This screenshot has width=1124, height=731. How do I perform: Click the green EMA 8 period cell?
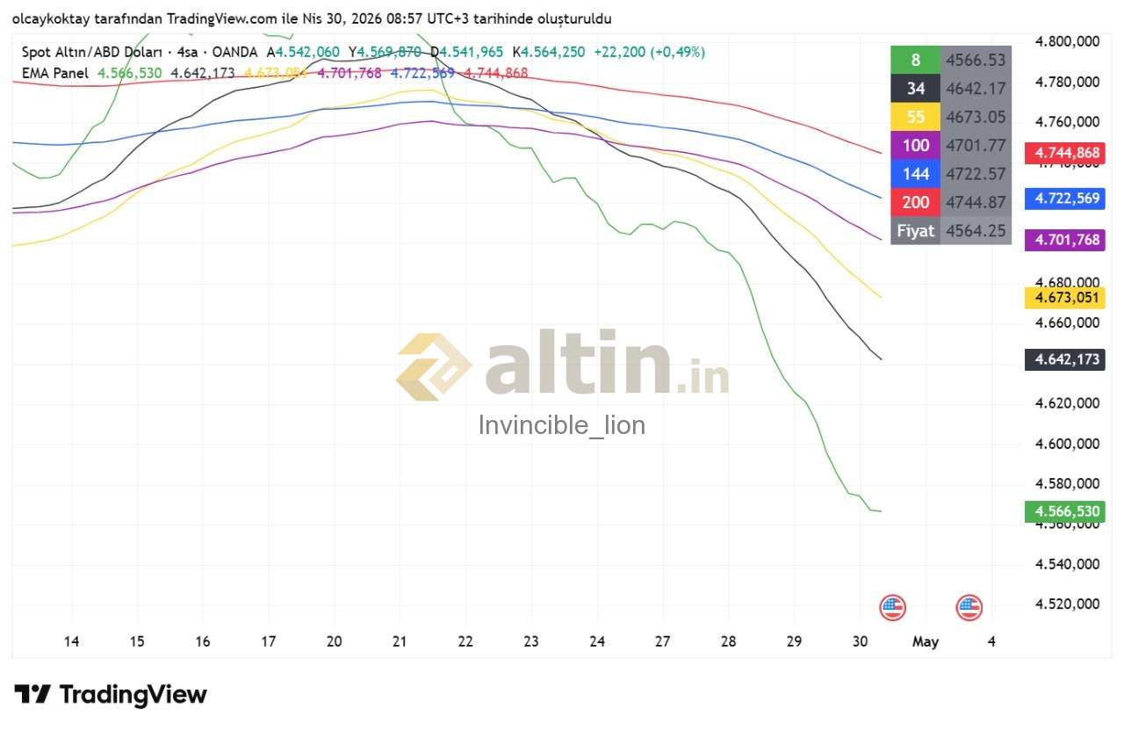pos(915,60)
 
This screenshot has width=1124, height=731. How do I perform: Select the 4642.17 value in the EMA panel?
pos(976,88)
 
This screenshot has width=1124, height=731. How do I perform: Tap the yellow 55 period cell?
pos(915,117)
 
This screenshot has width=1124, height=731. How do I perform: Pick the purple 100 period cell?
pos(915,145)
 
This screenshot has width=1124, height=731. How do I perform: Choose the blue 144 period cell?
pos(915,174)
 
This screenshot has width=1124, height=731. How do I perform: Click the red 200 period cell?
pos(915,202)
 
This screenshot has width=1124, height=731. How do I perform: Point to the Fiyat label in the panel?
pos(915,231)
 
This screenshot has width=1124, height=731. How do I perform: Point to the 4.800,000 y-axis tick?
pos(1067,41)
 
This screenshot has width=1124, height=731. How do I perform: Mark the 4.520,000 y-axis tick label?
pos(1067,604)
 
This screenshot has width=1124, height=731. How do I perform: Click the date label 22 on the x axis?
pos(465,641)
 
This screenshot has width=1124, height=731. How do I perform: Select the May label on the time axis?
pos(926,641)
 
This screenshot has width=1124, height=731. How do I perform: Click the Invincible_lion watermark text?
pos(562,425)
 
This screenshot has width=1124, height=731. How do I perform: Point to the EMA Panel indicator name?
pos(55,73)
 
